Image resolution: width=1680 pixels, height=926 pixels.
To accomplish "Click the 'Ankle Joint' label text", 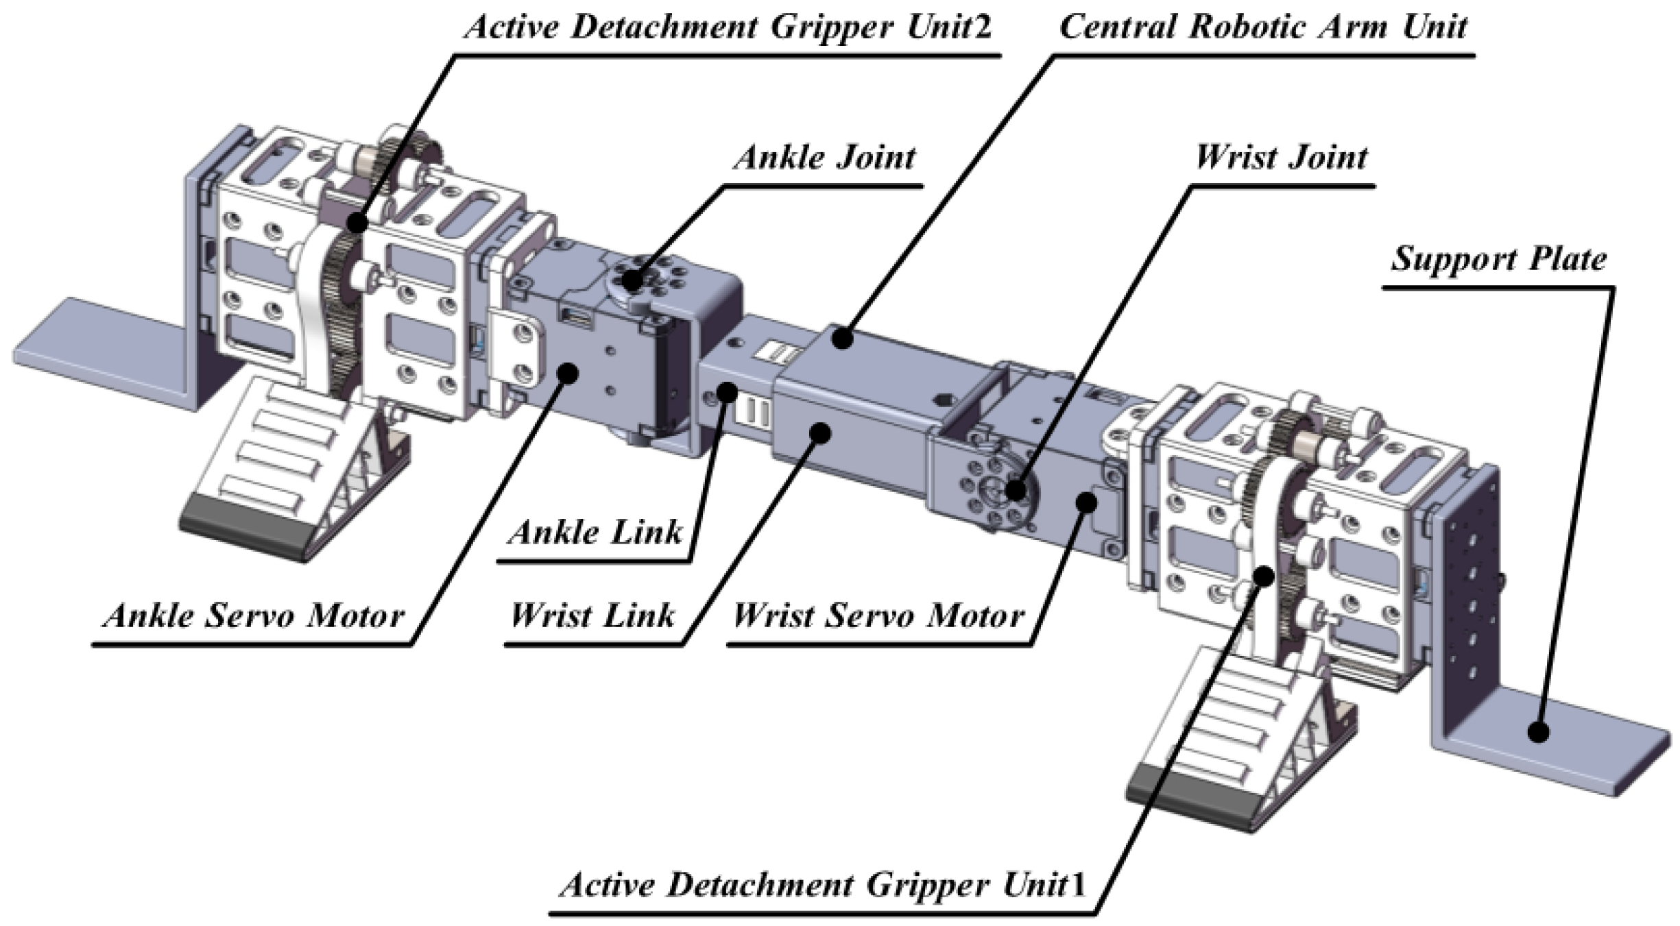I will pyautogui.click(x=825, y=158).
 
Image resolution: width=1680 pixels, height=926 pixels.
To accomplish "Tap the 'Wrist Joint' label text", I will pyautogui.click(x=1281, y=158).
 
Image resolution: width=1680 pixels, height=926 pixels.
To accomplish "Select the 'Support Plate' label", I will pyautogui.click(x=1498, y=260).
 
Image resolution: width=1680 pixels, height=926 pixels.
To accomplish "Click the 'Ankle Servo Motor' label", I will pyautogui.click(x=254, y=616).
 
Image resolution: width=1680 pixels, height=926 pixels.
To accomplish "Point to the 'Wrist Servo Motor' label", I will pyautogui.click(x=878, y=616).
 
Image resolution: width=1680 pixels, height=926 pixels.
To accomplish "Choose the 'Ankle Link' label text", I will pyautogui.click(x=595, y=533).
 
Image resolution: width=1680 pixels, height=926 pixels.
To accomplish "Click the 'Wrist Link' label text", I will pyautogui.click(x=592, y=616).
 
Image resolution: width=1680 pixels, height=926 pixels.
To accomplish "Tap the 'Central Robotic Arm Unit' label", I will pyautogui.click(x=1263, y=27).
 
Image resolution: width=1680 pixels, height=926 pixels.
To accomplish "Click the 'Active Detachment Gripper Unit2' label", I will pyautogui.click(x=728, y=27).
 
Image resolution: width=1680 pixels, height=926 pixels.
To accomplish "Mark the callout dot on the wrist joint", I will pyautogui.click(x=1016, y=490).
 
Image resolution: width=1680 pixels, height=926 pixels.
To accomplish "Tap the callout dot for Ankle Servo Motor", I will pyautogui.click(x=568, y=373).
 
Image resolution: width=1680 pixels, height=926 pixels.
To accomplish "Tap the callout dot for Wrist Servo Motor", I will pyautogui.click(x=1085, y=502).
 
